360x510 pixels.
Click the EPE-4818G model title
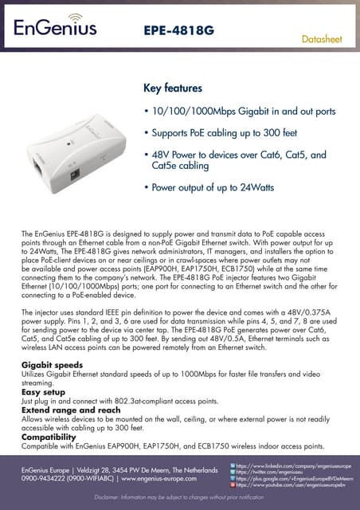tap(178, 30)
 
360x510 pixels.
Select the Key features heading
tap(172, 87)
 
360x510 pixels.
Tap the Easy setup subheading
tap(42, 392)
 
